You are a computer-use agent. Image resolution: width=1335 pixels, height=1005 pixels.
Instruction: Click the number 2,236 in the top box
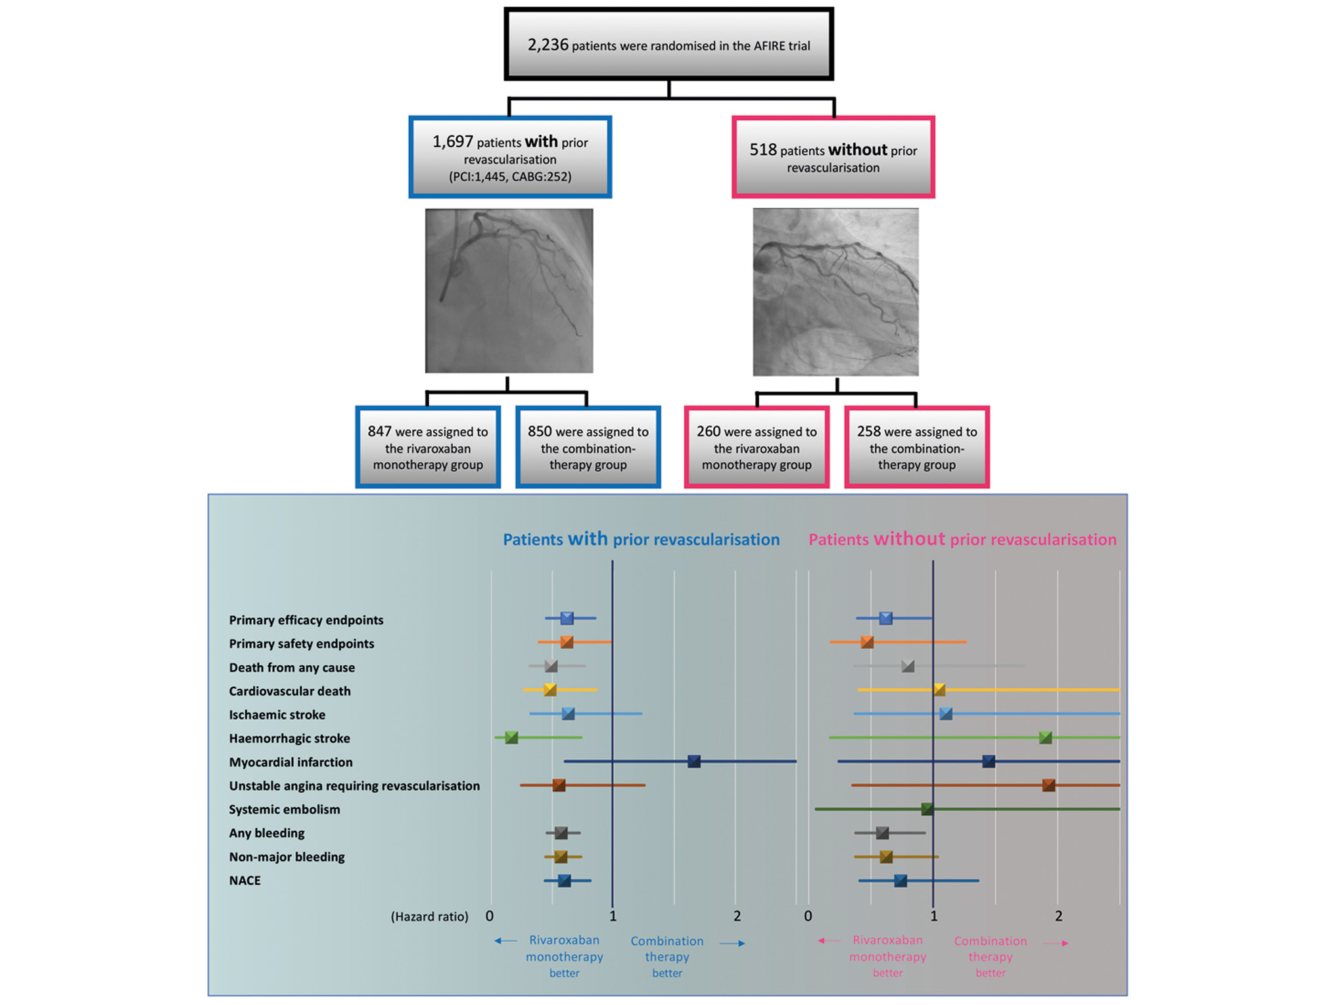click(x=548, y=45)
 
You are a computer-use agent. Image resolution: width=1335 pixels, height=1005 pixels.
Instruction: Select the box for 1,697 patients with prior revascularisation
click(x=510, y=157)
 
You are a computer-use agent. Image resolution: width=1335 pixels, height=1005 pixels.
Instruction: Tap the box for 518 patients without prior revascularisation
click(x=833, y=158)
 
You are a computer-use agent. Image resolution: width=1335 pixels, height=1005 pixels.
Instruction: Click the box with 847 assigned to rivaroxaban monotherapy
click(x=428, y=448)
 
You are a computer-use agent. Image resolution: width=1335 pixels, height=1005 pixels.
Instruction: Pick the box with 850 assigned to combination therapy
click(x=588, y=448)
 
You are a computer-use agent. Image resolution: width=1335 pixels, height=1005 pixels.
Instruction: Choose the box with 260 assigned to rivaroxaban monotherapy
click(x=757, y=448)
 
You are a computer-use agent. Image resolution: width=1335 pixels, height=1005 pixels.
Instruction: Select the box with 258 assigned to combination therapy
click(x=916, y=448)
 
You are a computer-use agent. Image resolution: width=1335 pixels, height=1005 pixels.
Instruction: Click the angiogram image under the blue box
click(x=509, y=291)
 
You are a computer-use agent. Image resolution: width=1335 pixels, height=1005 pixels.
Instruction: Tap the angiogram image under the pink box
click(x=835, y=292)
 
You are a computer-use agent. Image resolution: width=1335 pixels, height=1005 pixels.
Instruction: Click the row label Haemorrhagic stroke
click(x=289, y=738)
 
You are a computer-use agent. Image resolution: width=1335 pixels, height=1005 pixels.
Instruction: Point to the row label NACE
click(x=245, y=880)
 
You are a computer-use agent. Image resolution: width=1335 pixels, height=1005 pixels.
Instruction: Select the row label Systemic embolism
click(x=284, y=809)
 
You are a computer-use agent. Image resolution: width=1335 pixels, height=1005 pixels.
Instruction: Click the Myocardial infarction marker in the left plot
click(x=693, y=761)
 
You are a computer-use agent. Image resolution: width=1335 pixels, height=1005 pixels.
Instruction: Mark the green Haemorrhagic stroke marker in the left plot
click(x=511, y=737)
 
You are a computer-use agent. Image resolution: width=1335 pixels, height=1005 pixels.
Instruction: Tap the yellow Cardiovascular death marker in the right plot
click(x=939, y=689)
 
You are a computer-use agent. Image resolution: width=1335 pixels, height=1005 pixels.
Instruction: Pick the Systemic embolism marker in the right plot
click(x=927, y=808)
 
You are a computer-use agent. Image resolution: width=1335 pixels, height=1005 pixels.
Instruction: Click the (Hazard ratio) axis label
click(x=429, y=916)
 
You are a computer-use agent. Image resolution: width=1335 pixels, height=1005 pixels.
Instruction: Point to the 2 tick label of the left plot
click(x=737, y=916)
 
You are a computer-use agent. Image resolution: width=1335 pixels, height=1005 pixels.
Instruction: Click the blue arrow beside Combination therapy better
click(x=732, y=943)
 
